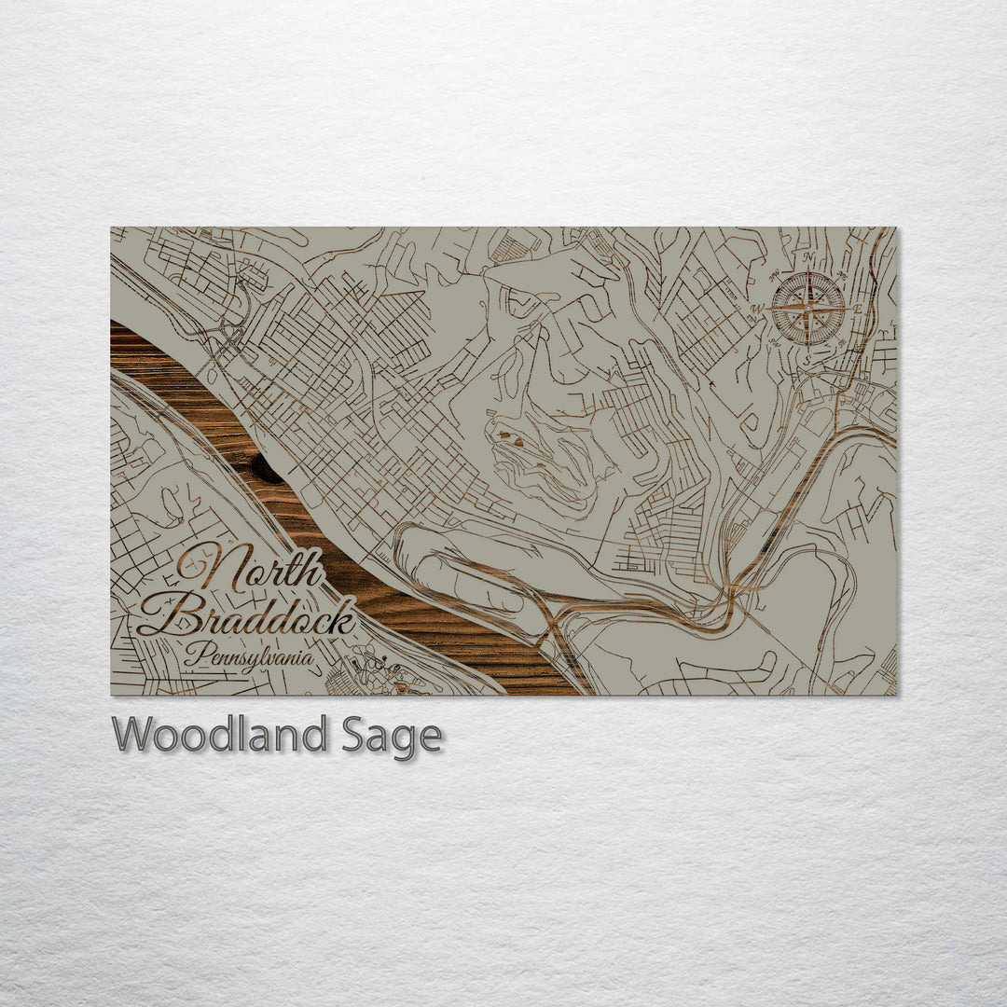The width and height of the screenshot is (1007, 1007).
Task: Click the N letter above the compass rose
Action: pyautogui.click(x=808, y=258)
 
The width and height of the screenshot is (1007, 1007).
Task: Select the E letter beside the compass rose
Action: pyautogui.click(x=858, y=307)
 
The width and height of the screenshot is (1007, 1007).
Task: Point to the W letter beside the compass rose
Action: pyautogui.click(x=759, y=308)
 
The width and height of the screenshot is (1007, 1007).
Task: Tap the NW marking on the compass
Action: pyautogui.click(x=774, y=274)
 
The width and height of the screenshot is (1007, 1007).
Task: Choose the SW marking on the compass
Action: pyautogui.click(x=775, y=342)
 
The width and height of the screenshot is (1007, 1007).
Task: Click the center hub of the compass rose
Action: pyautogui.click(x=808, y=308)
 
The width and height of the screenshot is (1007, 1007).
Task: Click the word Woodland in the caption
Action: pyautogui.click(x=219, y=736)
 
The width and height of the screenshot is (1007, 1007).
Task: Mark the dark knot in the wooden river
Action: pyautogui.click(x=266, y=469)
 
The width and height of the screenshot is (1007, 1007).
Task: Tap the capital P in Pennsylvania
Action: pyautogui.click(x=192, y=655)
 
